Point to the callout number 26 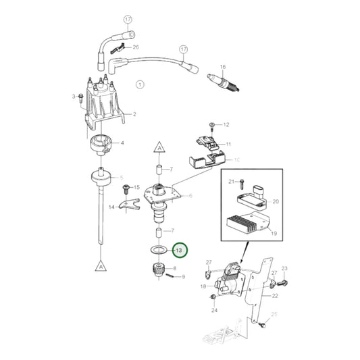[x=136, y=47]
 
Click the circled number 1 [x=140, y=84]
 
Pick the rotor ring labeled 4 [x=101, y=144]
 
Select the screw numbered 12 [x=211, y=126]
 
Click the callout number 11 [x=228, y=145]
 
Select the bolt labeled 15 [x=124, y=189]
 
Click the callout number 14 [x=111, y=206]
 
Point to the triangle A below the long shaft [x=100, y=265]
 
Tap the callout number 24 [x=214, y=311]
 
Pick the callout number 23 [x=284, y=269]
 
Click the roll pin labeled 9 [x=173, y=275]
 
